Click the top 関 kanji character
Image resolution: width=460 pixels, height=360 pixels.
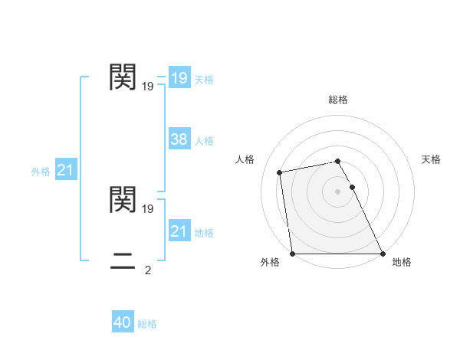123,77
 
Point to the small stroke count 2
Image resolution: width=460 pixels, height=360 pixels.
148,270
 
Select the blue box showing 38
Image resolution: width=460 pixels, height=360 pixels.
179,139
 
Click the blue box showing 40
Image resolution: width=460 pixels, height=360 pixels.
123,322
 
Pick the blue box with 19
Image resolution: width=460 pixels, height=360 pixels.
179,78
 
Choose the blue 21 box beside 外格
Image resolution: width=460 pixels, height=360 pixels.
65,170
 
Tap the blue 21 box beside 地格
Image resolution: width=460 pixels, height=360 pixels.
179,231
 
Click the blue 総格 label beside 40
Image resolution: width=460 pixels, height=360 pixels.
147,324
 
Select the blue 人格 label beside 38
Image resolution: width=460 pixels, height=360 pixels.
204,141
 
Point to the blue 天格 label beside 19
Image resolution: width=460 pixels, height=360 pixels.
204,80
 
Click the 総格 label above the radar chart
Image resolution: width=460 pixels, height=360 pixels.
338,100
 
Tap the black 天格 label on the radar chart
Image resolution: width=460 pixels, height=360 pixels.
431,159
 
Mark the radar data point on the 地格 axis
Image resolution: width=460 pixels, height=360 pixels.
383,254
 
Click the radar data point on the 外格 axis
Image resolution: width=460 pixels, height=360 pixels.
293,254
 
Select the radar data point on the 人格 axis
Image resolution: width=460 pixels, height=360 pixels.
280,172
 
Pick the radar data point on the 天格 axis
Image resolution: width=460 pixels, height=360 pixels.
353,187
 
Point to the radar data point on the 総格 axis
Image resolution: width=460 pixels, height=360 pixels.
338,161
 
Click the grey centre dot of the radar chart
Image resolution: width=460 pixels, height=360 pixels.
338,191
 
